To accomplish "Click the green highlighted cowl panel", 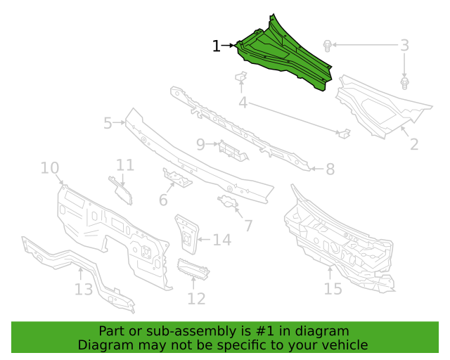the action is tap(284, 58).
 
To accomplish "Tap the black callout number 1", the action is tap(216, 46).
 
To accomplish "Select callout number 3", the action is tap(404, 46).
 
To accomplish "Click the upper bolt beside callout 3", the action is tap(327, 46).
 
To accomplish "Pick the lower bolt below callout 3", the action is tap(404, 83).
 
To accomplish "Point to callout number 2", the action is tap(414, 144).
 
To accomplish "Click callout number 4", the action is tap(243, 103).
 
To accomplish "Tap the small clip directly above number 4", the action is tap(241, 77).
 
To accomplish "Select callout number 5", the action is tap(108, 123).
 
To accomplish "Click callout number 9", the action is tap(200, 144).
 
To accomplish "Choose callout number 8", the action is tap(330, 169).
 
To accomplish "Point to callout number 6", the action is tap(163, 200).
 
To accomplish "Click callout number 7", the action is tap(248, 226).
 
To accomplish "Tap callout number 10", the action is tap(50, 167).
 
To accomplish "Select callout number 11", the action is tap(125, 165).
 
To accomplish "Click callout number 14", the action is tap(222, 240).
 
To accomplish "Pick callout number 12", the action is tap(197, 299).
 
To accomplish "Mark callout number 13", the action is tap(84, 290).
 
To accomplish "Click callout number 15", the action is tap(333, 288).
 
